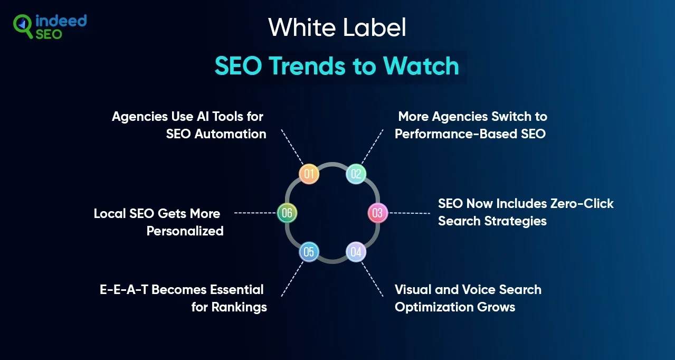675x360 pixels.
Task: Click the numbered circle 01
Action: pos(309,174)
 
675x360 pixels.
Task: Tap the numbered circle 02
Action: pos(356,174)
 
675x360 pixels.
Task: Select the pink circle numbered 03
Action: pos(377,213)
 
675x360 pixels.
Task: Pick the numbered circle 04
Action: pos(356,252)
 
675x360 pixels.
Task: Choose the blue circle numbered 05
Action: pos(309,252)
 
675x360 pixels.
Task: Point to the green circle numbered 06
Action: pos(287,213)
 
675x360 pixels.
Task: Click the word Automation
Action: pos(230,134)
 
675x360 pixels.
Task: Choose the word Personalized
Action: pos(185,231)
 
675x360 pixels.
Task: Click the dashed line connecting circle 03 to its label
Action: pos(409,213)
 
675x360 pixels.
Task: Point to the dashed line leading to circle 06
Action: pos(255,213)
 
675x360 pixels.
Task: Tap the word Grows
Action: pos(497,307)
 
